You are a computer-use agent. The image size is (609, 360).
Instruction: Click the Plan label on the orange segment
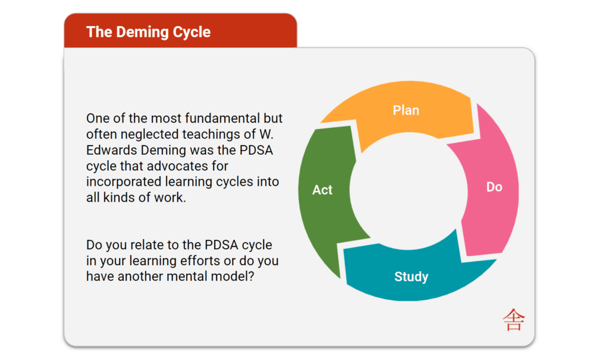pos(406,110)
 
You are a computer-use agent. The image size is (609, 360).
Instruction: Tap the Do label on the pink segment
pos(494,187)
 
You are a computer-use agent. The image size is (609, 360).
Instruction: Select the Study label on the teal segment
pos(411,277)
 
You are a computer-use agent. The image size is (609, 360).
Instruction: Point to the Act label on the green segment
pos(322,190)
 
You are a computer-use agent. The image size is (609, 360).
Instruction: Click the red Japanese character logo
pos(513,320)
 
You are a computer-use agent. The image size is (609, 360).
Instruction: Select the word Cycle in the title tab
pos(192,32)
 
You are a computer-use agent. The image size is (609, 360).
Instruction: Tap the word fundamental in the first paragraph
pos(218,118)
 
